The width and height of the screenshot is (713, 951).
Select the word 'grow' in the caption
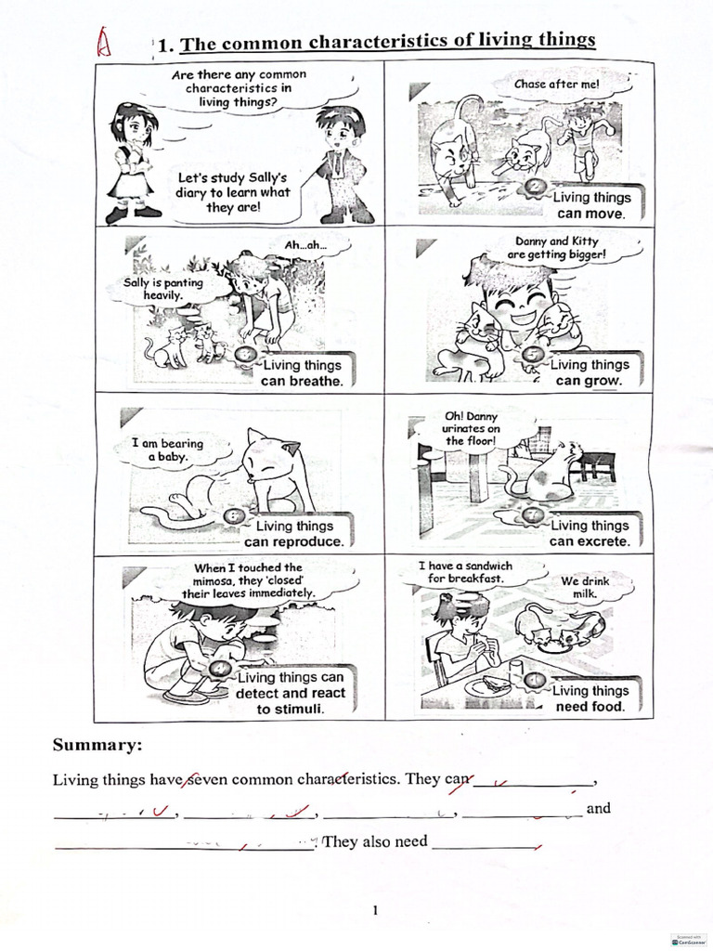602,381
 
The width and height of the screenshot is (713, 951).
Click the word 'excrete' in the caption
603,541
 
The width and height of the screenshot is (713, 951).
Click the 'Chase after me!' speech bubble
557,85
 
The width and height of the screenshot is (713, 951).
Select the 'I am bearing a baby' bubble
168,450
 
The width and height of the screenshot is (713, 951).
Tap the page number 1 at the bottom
375,910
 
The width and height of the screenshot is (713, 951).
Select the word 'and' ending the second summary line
599,808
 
